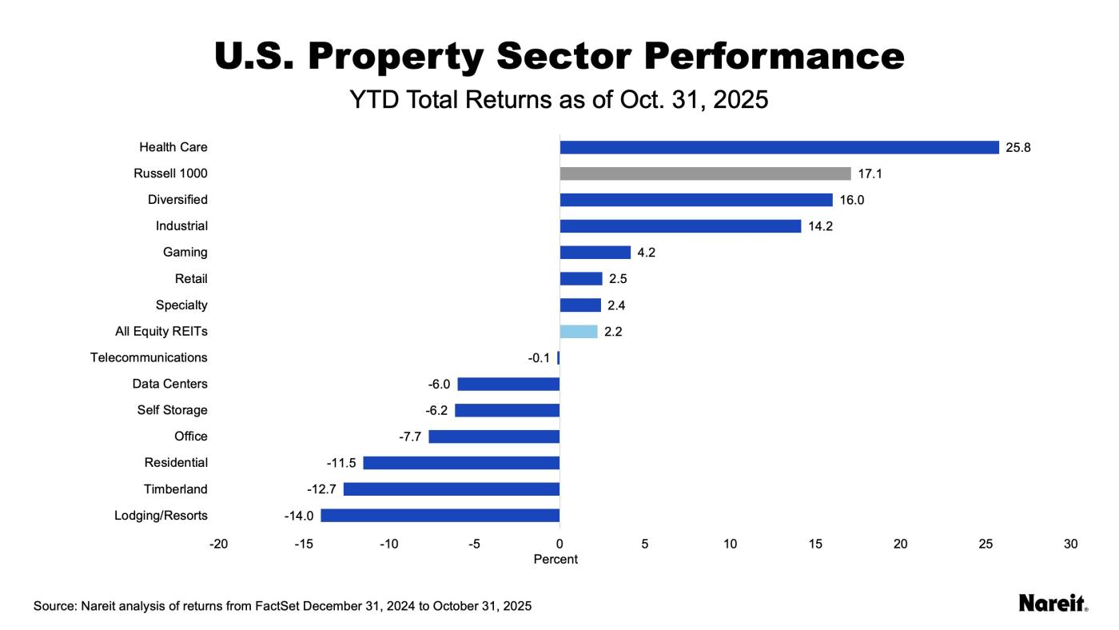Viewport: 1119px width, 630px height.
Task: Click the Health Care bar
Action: click(779, 147)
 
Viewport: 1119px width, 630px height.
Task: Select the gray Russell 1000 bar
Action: click(705, 173)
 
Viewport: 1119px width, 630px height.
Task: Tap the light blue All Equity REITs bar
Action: click(579, 332)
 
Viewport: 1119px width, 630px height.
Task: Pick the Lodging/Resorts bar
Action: click(440, 516)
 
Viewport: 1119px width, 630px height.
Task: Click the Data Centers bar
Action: click(508, 384)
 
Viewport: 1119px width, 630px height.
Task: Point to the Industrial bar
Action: click(680, 226)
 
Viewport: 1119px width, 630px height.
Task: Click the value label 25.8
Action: click(1018, 147)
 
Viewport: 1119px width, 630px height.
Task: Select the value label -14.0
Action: click(298, 516)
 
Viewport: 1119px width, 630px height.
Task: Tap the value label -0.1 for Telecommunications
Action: click(539, 358)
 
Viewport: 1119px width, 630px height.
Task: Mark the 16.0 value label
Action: click(851, 200)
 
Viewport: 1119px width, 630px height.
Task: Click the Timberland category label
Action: click(175, 489)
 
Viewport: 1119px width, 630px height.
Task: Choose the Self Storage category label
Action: click(172, 410)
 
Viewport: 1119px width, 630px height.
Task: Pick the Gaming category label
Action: click(185, 253)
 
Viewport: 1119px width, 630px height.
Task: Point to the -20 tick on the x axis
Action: click(218, 544)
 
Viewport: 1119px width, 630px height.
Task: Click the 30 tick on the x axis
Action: click(1071, 544)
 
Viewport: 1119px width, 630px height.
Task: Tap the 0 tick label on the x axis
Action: click(559, 544)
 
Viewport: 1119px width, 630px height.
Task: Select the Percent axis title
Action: click(556, 560)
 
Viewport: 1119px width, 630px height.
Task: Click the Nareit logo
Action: click(1053, 604)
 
